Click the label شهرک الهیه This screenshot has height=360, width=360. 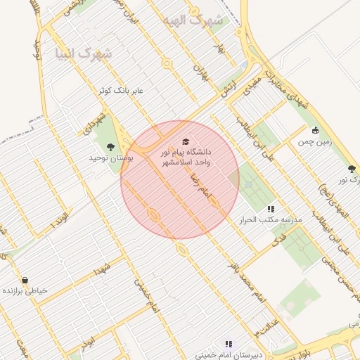(x=191, y=21)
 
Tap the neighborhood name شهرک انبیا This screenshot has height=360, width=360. (x=82, y=53)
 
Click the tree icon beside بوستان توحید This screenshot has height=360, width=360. (x=110, y=146)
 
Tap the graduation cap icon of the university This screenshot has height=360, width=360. (x=186, y=141)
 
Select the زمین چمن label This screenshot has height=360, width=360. (x=314, y=141)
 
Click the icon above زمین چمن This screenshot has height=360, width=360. (x=315, y=130)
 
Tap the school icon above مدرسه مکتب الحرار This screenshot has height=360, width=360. (x=271, y=209)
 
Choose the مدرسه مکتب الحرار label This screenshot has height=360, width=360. (x=271, y=220)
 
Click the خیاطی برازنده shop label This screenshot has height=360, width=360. (x=25, y=290)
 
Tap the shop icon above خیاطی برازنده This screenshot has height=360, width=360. (x=25, y=280)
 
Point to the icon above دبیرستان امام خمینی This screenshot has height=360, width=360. (x=229, y=344)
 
